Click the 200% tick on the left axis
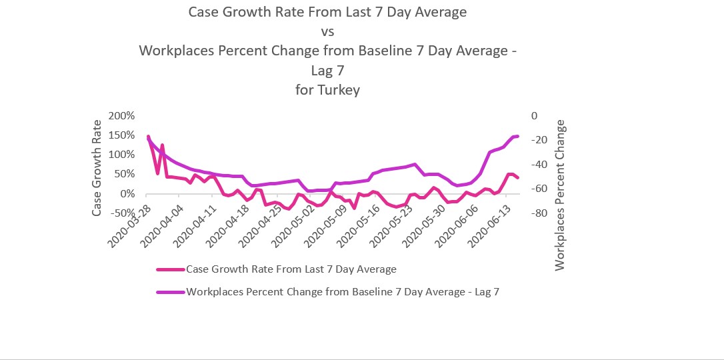[x=122, y=116]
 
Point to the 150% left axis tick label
[x=122, y=135]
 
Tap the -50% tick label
[x=124, y=213]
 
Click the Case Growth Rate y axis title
[x=97, y=167]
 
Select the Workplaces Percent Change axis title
[x=560, y=195]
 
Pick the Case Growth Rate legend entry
[x=291, y=269]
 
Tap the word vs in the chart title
[x=327, y=31]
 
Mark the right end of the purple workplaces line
[x=517, y=136]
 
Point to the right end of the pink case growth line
[x=517, y=178]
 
